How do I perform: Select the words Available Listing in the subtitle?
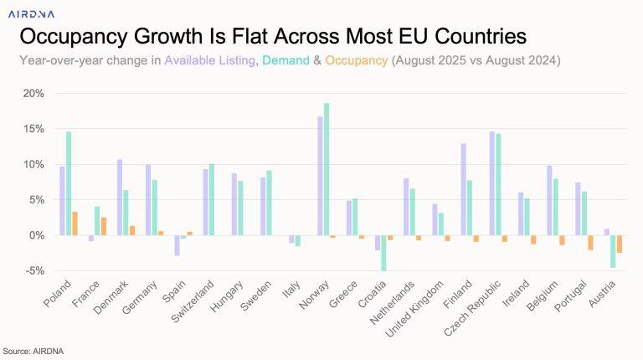click(210, 60)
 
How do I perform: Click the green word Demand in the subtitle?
click(285, 60)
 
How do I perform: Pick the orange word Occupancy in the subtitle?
click(357, 60)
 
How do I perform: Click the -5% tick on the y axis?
click(32, 270)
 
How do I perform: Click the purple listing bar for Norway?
click(319, 176)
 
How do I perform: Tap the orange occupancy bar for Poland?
click(75, 224)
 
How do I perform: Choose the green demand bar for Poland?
click(68, 183)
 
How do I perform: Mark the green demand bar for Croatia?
click(383, 253)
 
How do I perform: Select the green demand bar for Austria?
click(612, 251)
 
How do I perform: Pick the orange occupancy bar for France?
click(104, 226)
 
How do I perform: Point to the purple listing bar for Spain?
click(177, 245)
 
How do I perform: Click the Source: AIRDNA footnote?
click(29, 351)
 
